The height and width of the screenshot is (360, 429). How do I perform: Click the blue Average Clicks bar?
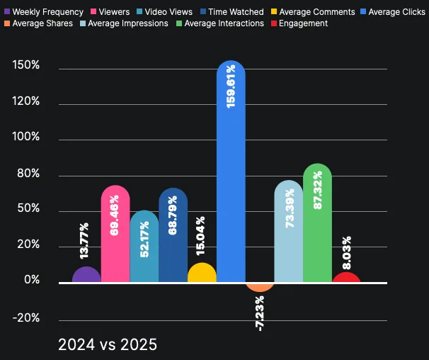(x=231, y=177)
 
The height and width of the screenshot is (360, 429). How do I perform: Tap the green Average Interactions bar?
(x=317, y=227)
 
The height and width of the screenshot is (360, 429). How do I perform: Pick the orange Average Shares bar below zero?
(x=260, y=286)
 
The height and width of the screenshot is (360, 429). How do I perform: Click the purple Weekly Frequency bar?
(x=86, y=276)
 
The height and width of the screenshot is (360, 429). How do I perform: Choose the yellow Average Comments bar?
(x=202, y=274)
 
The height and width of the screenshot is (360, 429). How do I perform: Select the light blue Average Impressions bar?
(x=288, y=234)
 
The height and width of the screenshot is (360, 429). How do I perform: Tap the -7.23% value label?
(x=260, y=313)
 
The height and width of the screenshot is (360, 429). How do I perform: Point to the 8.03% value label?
(x=346, y=252)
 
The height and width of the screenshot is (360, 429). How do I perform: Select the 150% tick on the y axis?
(x=25, y=66)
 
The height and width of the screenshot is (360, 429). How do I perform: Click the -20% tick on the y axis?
(x=26, y=317)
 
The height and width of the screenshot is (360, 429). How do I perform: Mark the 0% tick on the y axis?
(x=31, y=281)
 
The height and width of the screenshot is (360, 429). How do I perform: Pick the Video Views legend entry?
(x=164, y=12)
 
